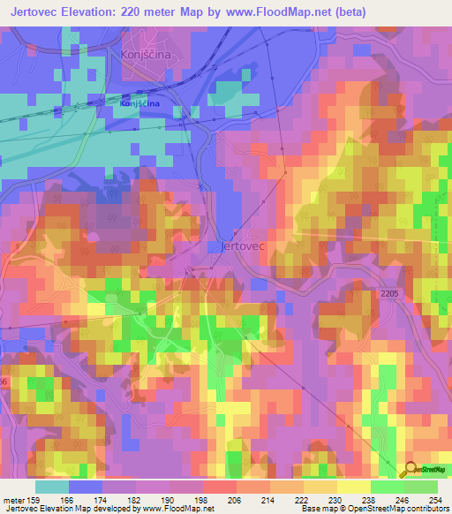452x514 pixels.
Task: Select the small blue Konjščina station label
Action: point(139,103)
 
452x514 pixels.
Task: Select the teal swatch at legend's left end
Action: point(52,488)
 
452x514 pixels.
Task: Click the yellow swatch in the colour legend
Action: point(354,488)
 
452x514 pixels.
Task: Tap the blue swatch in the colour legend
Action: point(86,488)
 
